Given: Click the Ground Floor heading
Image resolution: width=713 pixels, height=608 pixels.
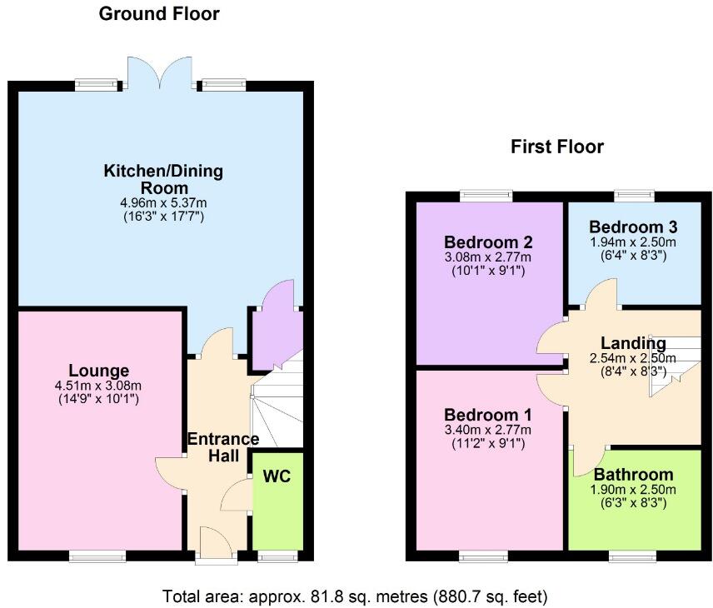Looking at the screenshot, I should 159,14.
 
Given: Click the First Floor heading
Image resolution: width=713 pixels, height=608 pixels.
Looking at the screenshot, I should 556,147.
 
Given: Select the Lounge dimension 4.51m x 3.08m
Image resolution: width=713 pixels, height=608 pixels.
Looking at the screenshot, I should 98,386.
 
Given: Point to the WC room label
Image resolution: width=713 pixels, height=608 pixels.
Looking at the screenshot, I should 277,476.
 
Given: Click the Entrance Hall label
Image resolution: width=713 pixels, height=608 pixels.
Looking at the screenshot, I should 223,447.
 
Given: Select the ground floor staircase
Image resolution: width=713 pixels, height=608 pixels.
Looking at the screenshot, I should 277,408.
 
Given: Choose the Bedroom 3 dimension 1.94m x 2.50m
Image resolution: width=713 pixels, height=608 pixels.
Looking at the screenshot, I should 633,242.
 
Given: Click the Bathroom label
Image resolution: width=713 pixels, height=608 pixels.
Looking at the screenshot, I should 633,476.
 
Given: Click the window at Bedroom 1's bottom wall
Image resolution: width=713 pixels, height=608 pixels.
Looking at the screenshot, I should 482,556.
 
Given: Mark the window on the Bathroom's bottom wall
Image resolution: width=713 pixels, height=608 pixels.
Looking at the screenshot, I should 631,556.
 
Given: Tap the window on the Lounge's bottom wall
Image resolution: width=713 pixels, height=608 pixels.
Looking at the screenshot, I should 97,556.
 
